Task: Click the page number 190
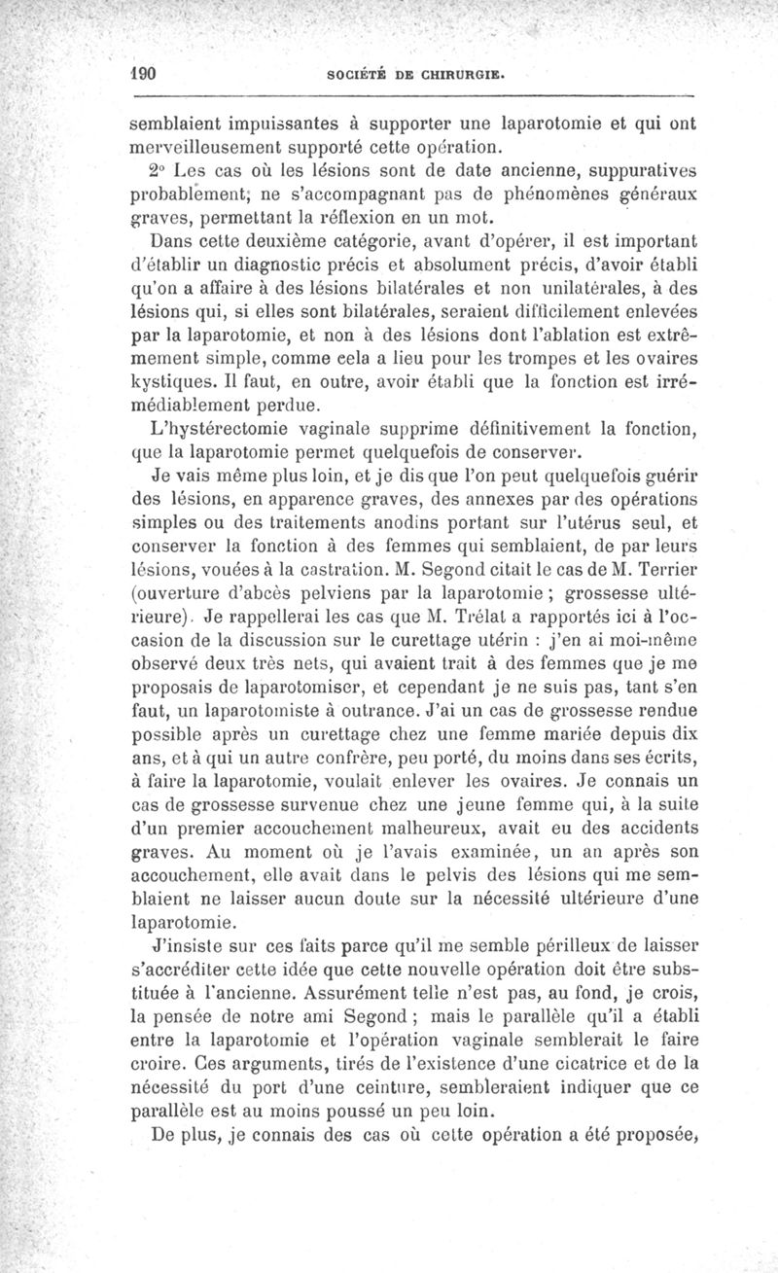pos(147,74)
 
